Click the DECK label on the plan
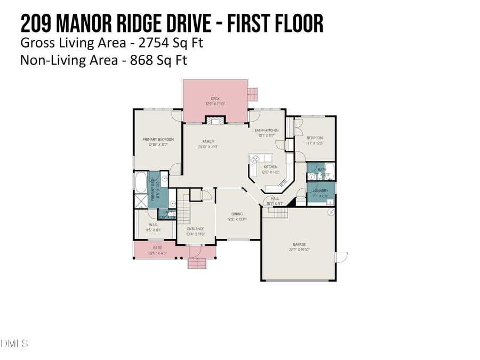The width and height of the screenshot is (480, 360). [x=215, y=99]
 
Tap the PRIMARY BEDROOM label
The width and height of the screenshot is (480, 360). [x=158, y=140]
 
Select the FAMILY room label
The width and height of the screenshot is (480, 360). [x=207, y=142]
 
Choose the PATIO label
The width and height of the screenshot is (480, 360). [x=157, y=248]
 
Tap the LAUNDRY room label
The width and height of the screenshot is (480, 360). [x=321, y=190]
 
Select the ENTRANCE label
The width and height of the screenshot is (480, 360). [x=195, y=229]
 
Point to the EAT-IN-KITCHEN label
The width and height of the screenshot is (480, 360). [x=266, y=131]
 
